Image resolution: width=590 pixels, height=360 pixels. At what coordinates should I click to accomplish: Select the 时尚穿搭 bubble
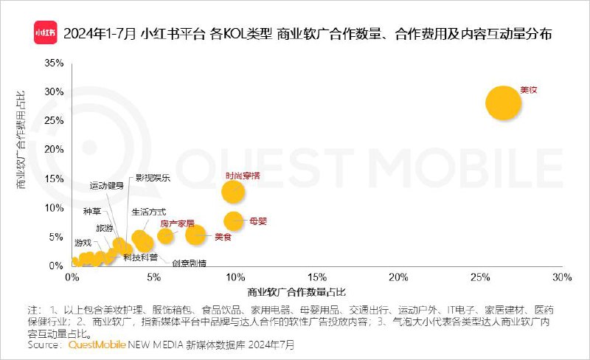point(233,191)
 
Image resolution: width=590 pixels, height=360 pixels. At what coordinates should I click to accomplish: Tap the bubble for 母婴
point(234,220)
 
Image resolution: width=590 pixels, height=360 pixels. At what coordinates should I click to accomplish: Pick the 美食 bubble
point(195,235)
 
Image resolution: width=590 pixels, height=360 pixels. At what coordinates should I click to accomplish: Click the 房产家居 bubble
point(165,235)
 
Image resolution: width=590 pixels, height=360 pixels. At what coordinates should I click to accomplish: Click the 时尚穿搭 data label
point(242,176)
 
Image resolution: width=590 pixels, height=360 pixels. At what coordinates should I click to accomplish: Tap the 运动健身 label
point(106,186)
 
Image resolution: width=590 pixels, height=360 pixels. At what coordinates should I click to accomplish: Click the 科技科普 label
point(139,257)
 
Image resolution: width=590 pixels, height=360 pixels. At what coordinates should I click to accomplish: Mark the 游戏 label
point(83,242)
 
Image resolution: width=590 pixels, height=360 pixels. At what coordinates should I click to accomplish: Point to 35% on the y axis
point(54,63)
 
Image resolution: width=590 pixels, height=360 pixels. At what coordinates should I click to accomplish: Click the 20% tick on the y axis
point(54,150)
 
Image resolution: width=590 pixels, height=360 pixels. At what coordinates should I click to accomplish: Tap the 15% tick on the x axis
point(317,277)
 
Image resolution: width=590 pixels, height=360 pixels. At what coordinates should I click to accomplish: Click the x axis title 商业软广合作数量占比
point(297,291)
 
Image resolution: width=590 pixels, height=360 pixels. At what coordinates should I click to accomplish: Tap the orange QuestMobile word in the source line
point(97,345)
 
